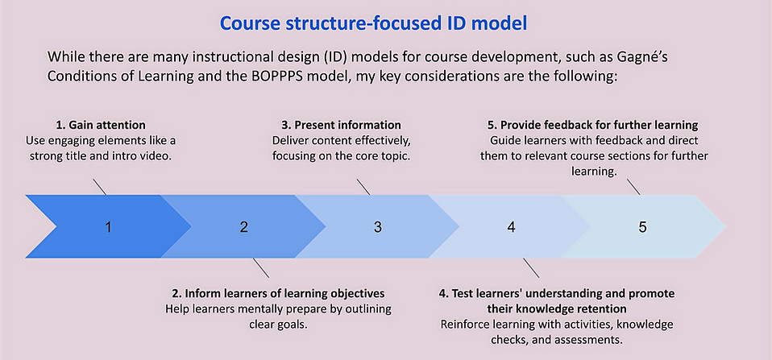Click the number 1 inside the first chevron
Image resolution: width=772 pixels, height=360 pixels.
[x=109, y=227]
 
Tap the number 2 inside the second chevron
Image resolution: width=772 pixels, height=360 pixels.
[x=244, y=227]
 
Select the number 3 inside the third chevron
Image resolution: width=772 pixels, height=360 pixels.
[x=378, y=227]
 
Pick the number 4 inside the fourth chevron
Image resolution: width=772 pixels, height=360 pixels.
[x=512, y=227]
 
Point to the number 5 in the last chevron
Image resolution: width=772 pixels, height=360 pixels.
[x=642, y=227]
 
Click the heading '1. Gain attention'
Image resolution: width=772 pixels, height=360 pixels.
[x=102, y=126]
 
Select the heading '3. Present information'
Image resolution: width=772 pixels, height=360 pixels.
[x=341, y=126]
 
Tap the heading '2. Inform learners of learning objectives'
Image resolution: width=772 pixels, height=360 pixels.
[x=278, y=294]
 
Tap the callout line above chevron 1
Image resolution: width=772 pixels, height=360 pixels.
[x=99, y=187]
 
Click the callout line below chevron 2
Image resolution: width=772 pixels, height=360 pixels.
[x=261, y=268]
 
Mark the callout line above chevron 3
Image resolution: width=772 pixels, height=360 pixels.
[x=363, y=187]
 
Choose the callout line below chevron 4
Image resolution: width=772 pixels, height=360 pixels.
[x=531, y=268]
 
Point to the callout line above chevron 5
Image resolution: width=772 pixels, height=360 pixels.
[x=633, y=187]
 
